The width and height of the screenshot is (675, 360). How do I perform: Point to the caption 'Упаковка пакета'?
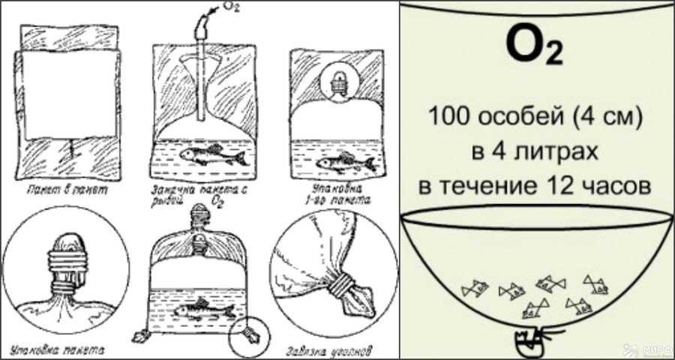point(59,349)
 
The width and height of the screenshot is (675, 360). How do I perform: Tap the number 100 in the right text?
point(448,118)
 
